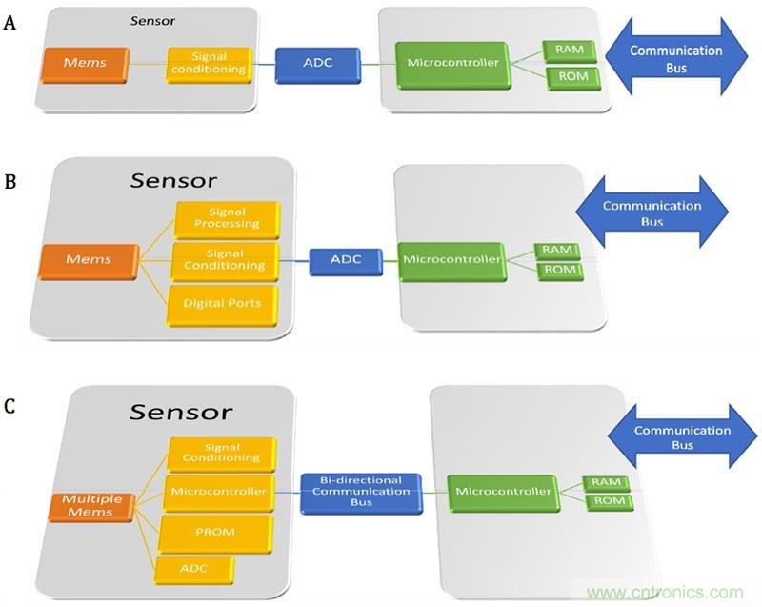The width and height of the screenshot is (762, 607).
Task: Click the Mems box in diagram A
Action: tap(84, 64)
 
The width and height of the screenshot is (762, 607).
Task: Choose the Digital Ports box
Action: tap(225, 303)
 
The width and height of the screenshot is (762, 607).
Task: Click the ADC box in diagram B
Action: tap(346, 259)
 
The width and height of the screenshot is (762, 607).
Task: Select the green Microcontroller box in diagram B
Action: tap(451, 259)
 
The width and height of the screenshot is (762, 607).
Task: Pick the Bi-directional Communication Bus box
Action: tap(361, 493)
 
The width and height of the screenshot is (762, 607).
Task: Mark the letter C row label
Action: tap(11, 406)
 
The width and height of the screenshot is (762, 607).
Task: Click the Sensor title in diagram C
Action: tap(181, 412)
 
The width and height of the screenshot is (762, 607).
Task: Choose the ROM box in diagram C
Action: tap(608, 501)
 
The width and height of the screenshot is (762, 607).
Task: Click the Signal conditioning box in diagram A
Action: tap(207, 63)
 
